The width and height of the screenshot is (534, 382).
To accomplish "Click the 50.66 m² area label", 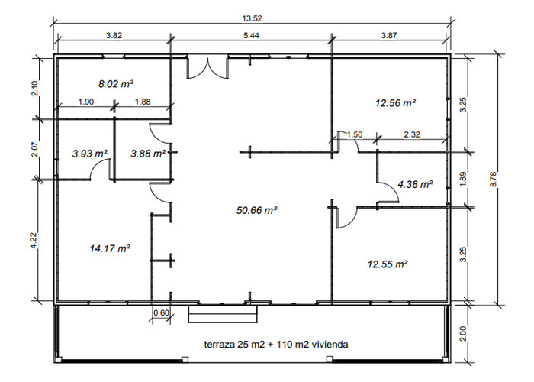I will tap(256, 209).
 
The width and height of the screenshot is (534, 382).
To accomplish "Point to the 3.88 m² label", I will tap(148, 154).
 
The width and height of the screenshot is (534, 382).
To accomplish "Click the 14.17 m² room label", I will tap(109, 248).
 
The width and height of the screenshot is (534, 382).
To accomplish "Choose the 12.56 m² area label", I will tap(394, 102).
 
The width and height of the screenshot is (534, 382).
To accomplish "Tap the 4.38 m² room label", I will tap(415, 184).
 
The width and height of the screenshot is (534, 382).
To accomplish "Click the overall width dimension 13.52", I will tap(252, 20).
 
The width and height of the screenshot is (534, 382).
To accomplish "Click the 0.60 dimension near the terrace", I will tap(161, 312).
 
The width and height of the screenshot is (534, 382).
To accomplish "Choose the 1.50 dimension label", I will tap(355, 134).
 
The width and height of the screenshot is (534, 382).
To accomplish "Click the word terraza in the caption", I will tap(220, 345).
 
